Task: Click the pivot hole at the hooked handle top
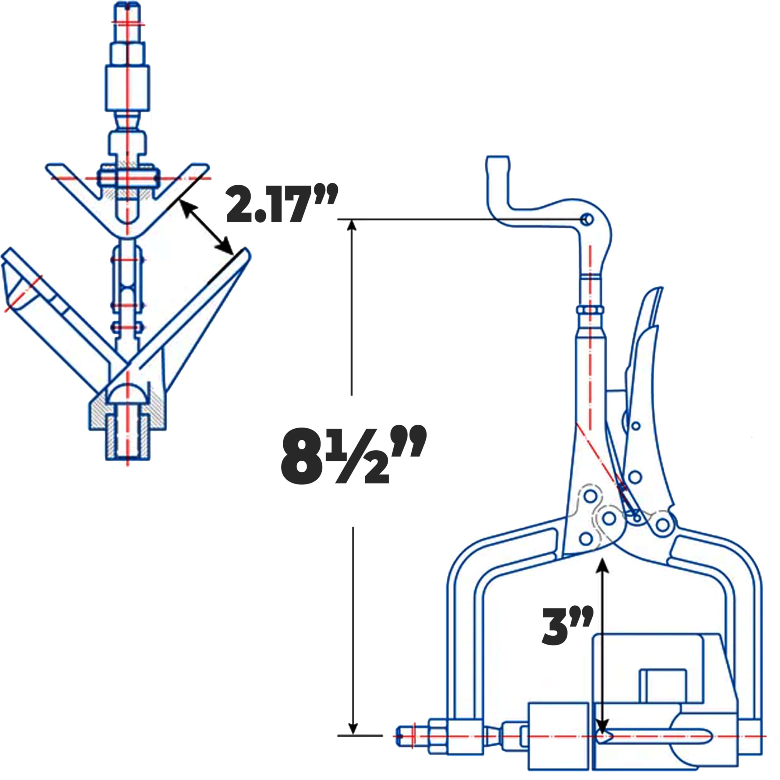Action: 588,220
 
